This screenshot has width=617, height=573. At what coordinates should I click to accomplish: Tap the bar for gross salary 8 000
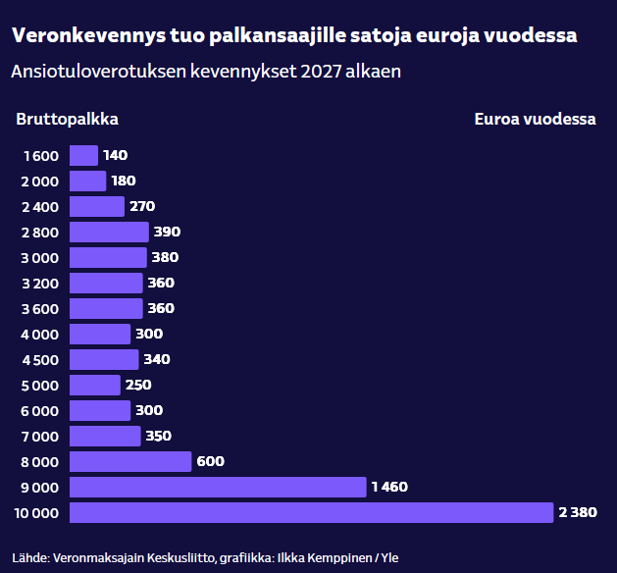point(130,461)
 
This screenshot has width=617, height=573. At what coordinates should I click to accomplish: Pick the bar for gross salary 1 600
point(84,155)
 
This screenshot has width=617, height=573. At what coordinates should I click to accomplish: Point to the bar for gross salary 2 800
point(109,232)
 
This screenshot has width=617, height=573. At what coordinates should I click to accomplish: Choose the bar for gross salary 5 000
point(95,385)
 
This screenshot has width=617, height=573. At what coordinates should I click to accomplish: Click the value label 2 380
point(578,512)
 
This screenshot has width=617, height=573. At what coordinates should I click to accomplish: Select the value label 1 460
point(389,487)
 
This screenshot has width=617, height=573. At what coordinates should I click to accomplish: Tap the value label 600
point(211,461)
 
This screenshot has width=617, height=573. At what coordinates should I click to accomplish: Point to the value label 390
point(168,232)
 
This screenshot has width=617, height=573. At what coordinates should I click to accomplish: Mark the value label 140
point(116,155)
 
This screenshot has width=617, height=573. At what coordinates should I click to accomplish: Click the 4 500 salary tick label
point(40,359)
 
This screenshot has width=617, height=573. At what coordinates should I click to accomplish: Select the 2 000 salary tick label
point(40,181)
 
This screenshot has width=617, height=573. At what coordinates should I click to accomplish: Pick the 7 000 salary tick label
point(40,436)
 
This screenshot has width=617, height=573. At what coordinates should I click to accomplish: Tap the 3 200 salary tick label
point(40,283)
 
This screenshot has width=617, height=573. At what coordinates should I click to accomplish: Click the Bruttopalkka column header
point(68,120)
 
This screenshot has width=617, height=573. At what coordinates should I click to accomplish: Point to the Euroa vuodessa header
point(535,120)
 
